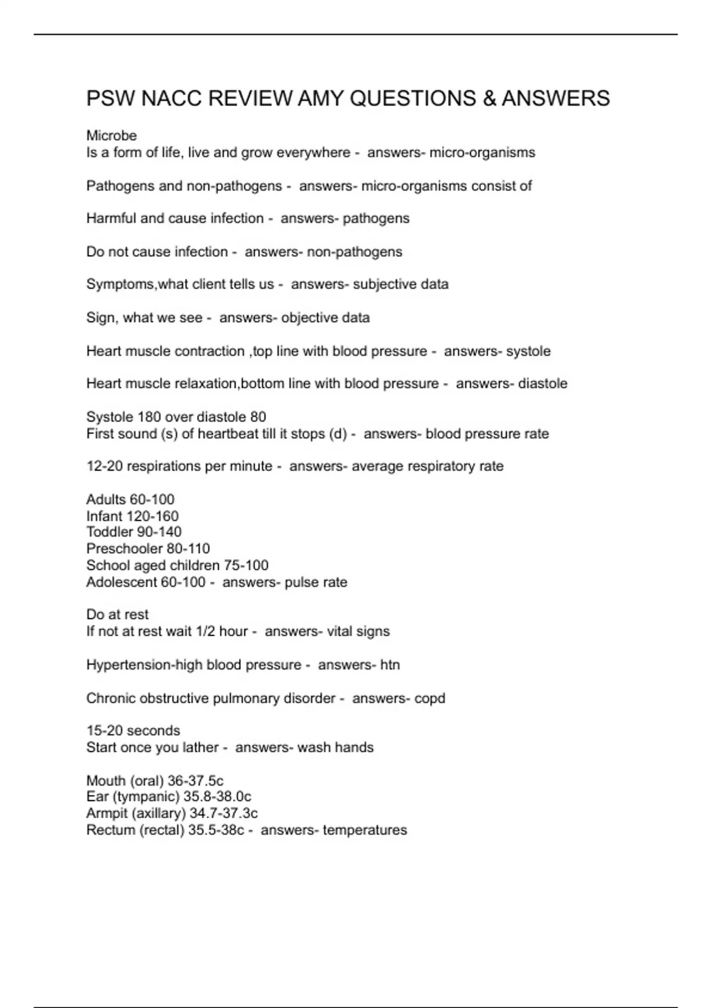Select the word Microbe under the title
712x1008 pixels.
112,136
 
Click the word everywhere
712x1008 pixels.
313,152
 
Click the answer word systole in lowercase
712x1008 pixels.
528,351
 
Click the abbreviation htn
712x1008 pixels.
390,665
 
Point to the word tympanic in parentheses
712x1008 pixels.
152,796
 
